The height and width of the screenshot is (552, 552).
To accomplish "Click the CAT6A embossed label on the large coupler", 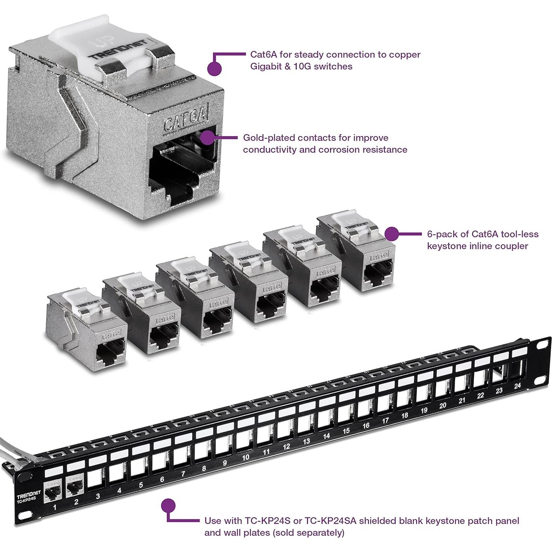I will [x=185, y=119].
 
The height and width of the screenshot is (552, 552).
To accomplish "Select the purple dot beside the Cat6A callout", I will [x=215, y=68].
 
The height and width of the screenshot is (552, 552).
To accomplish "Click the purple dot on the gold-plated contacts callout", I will [x=208, y=137].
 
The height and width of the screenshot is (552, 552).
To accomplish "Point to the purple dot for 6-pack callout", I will [x=392, y=234].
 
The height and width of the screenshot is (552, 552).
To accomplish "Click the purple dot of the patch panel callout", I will [x=168, y=506].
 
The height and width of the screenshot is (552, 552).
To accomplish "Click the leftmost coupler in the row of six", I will [x=87, y=330].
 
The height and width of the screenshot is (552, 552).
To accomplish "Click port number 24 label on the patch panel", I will [x=517, y=375].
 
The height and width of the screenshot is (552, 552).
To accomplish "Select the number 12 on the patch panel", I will [x=286, y=446].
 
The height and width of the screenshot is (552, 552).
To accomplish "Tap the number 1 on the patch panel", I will [x=55, y=507].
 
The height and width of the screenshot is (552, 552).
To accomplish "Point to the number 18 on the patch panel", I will [x=405, y=415].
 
